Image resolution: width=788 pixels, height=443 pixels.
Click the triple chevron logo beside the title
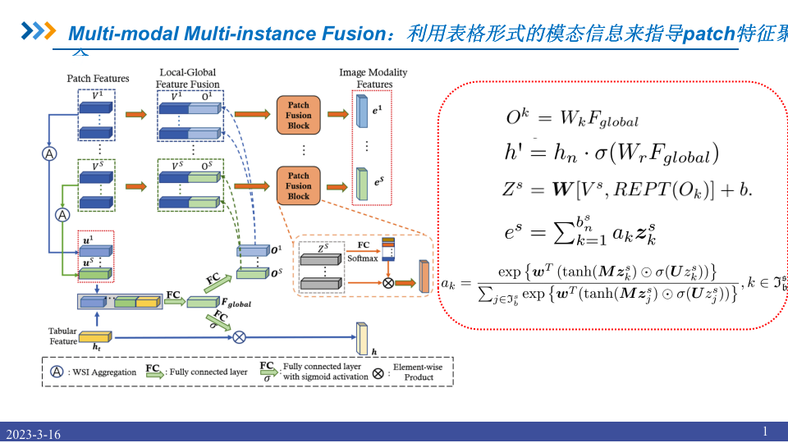38,32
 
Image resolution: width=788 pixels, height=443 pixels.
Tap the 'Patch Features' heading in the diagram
98,79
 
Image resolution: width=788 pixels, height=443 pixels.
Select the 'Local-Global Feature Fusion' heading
188,78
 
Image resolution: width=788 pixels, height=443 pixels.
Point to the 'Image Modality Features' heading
373,78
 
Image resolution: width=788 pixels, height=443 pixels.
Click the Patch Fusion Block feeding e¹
299,116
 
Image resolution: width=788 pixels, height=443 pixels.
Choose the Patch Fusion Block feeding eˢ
299,185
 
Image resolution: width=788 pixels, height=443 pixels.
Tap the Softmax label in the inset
362,258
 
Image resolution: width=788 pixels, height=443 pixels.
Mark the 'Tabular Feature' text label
62,336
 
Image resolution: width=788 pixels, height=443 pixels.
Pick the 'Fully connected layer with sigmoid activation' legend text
324,372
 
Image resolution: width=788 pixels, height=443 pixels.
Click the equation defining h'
612,153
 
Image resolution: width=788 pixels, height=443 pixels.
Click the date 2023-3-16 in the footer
34,434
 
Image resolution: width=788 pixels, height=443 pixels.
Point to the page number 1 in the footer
765,432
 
